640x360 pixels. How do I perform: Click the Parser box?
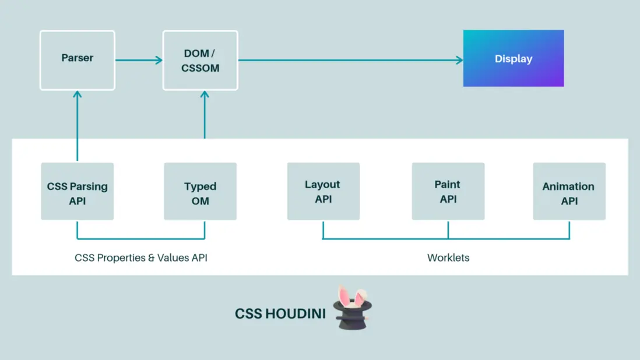(x=78, y=61)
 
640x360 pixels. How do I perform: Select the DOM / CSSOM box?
(x=201, y=61)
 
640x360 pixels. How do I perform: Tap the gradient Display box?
(x=514, y=58)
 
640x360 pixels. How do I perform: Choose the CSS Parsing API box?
(x=78, y=191)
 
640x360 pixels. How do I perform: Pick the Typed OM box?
(x=201, y=191)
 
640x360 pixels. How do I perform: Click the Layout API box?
(x=323, y=191)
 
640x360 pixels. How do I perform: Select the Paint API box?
(x=448, y=191)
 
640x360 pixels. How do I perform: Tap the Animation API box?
(x=569, y=191)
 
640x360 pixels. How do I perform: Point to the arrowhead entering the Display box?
(x=459, y=60)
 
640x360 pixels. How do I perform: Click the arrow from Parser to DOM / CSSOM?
(x=139, y=60)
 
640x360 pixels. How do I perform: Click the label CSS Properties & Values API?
(x=141, y=257)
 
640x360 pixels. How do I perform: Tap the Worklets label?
(x=448, y=257)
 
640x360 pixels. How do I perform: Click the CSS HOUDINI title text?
(x=280, y=313)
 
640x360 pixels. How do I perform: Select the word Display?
(x=514, y=59)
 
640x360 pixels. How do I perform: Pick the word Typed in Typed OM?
(x=201, y=186)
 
